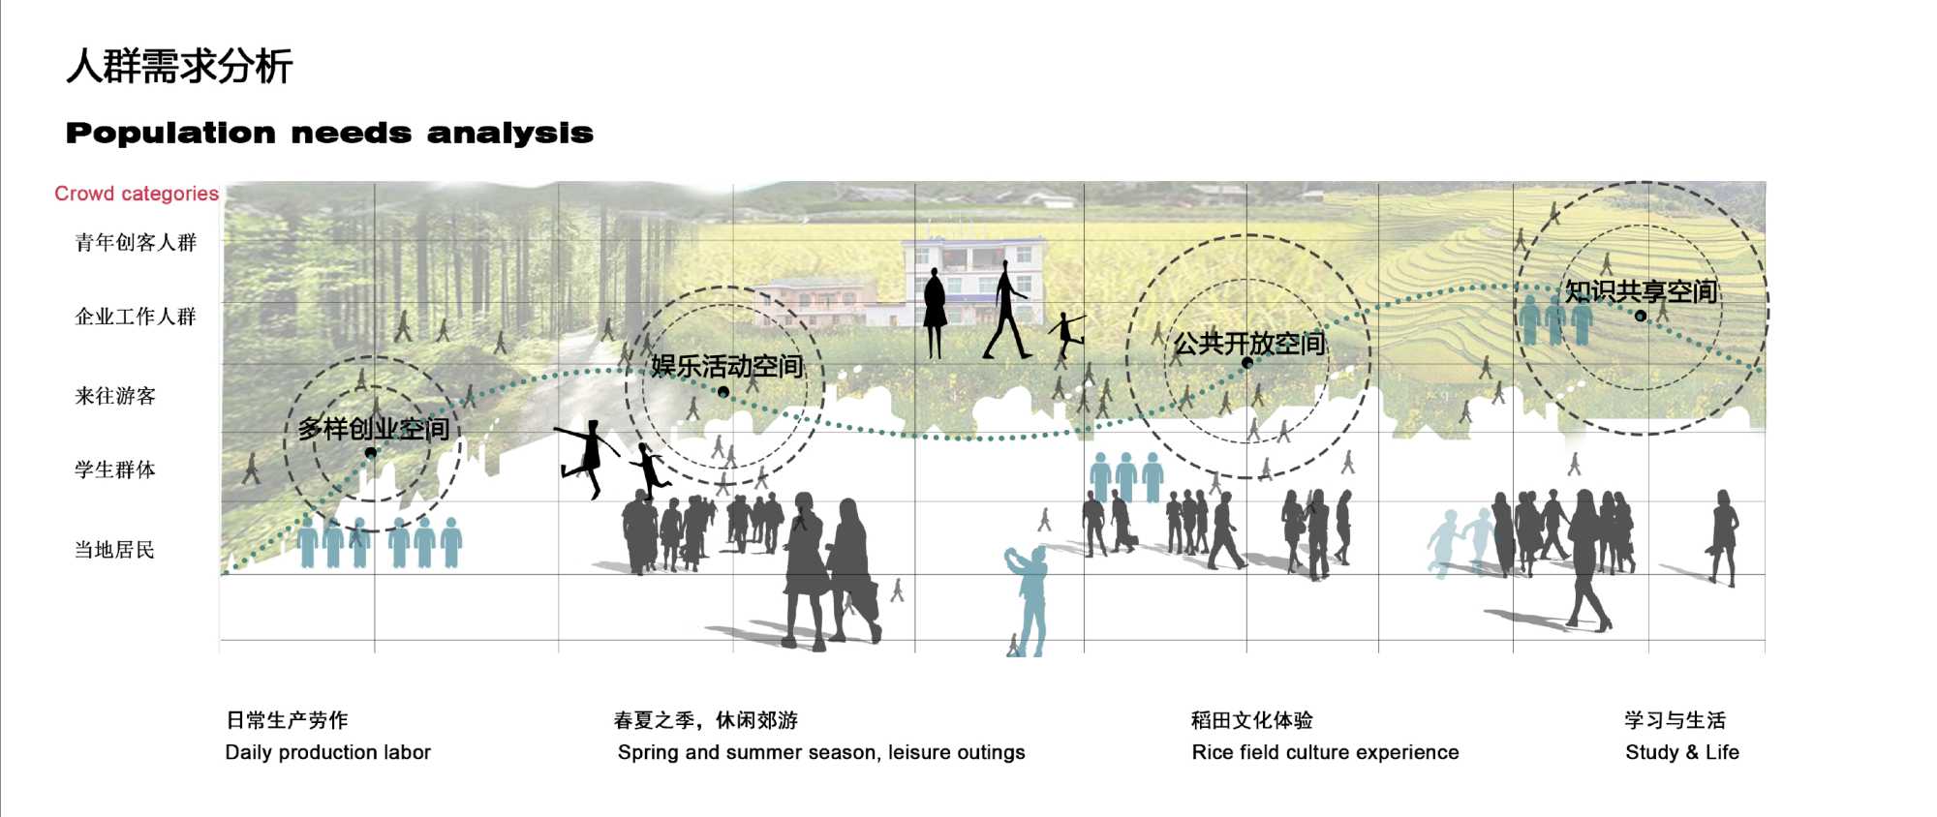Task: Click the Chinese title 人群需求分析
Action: point(179,67)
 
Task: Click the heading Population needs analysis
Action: point(329,133)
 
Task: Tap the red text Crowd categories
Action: point(137,194)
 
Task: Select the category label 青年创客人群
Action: point(136,243)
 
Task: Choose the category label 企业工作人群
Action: point(136,317)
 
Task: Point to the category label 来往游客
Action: point(115,396)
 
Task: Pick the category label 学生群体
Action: point(115,470)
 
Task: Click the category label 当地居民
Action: point(115,551)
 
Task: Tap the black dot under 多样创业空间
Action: point(370,453)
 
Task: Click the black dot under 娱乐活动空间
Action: point(723,392)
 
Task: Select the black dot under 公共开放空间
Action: point(1247,363)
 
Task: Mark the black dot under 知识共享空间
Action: point(1641,316)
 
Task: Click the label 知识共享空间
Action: point(1641,290)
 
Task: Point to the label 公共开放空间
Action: point(1248,344)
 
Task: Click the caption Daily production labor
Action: point(327,752)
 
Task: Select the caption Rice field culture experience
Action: point(1325,752)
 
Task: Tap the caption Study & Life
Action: point(1682,752)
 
